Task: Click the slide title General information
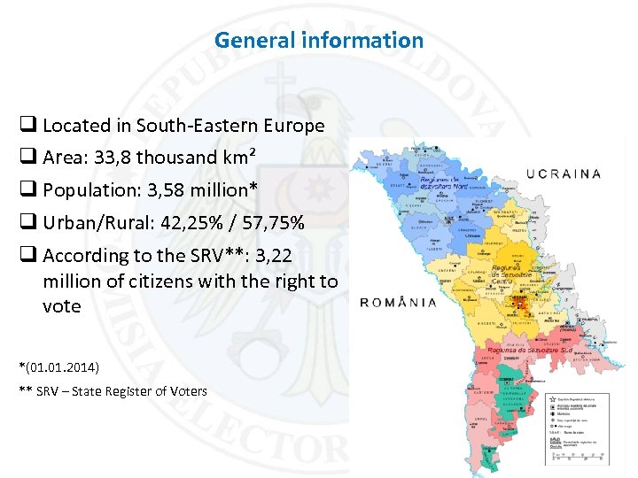click(x=319, y=40)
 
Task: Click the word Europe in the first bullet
click(x=295, y=126)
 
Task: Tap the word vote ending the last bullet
click(x=61, y=306)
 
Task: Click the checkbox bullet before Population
click(x=27, y=190)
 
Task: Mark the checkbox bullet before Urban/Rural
click(x=27, y=223)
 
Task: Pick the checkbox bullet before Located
click(x=27, y=126)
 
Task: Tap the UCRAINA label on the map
click(x=564, y=173)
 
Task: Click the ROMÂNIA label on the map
click(x=398, y=302)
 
